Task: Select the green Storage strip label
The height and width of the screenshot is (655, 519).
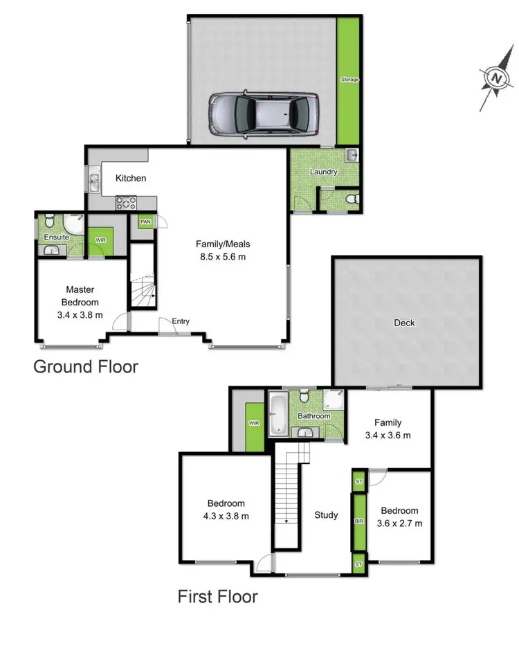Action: coord(349,80)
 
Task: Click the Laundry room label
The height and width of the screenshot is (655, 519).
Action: coord(323,172)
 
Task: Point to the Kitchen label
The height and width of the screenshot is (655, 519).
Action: coord(131,179)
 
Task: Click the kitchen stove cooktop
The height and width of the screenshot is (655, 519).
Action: coord(127,202)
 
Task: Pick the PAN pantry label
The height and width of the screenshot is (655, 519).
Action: coord(145,222)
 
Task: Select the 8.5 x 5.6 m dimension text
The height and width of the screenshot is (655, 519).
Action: coord(222,256)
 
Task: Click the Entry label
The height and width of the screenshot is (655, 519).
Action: coord(181,321)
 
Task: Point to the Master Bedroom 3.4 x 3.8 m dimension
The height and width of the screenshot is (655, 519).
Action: coord(80,315)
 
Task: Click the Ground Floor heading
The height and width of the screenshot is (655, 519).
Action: coord(86,366)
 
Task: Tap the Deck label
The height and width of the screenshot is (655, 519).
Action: coord(404,323)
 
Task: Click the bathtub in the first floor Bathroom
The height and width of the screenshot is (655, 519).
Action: coord(277,415)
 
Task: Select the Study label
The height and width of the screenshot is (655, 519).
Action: coord(326,515)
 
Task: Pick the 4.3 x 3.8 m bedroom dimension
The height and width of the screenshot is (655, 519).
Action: coord(226,516)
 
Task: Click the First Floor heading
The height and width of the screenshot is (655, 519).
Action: coord(217,596)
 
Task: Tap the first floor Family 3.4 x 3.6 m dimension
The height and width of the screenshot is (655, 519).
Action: coord(388,436)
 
